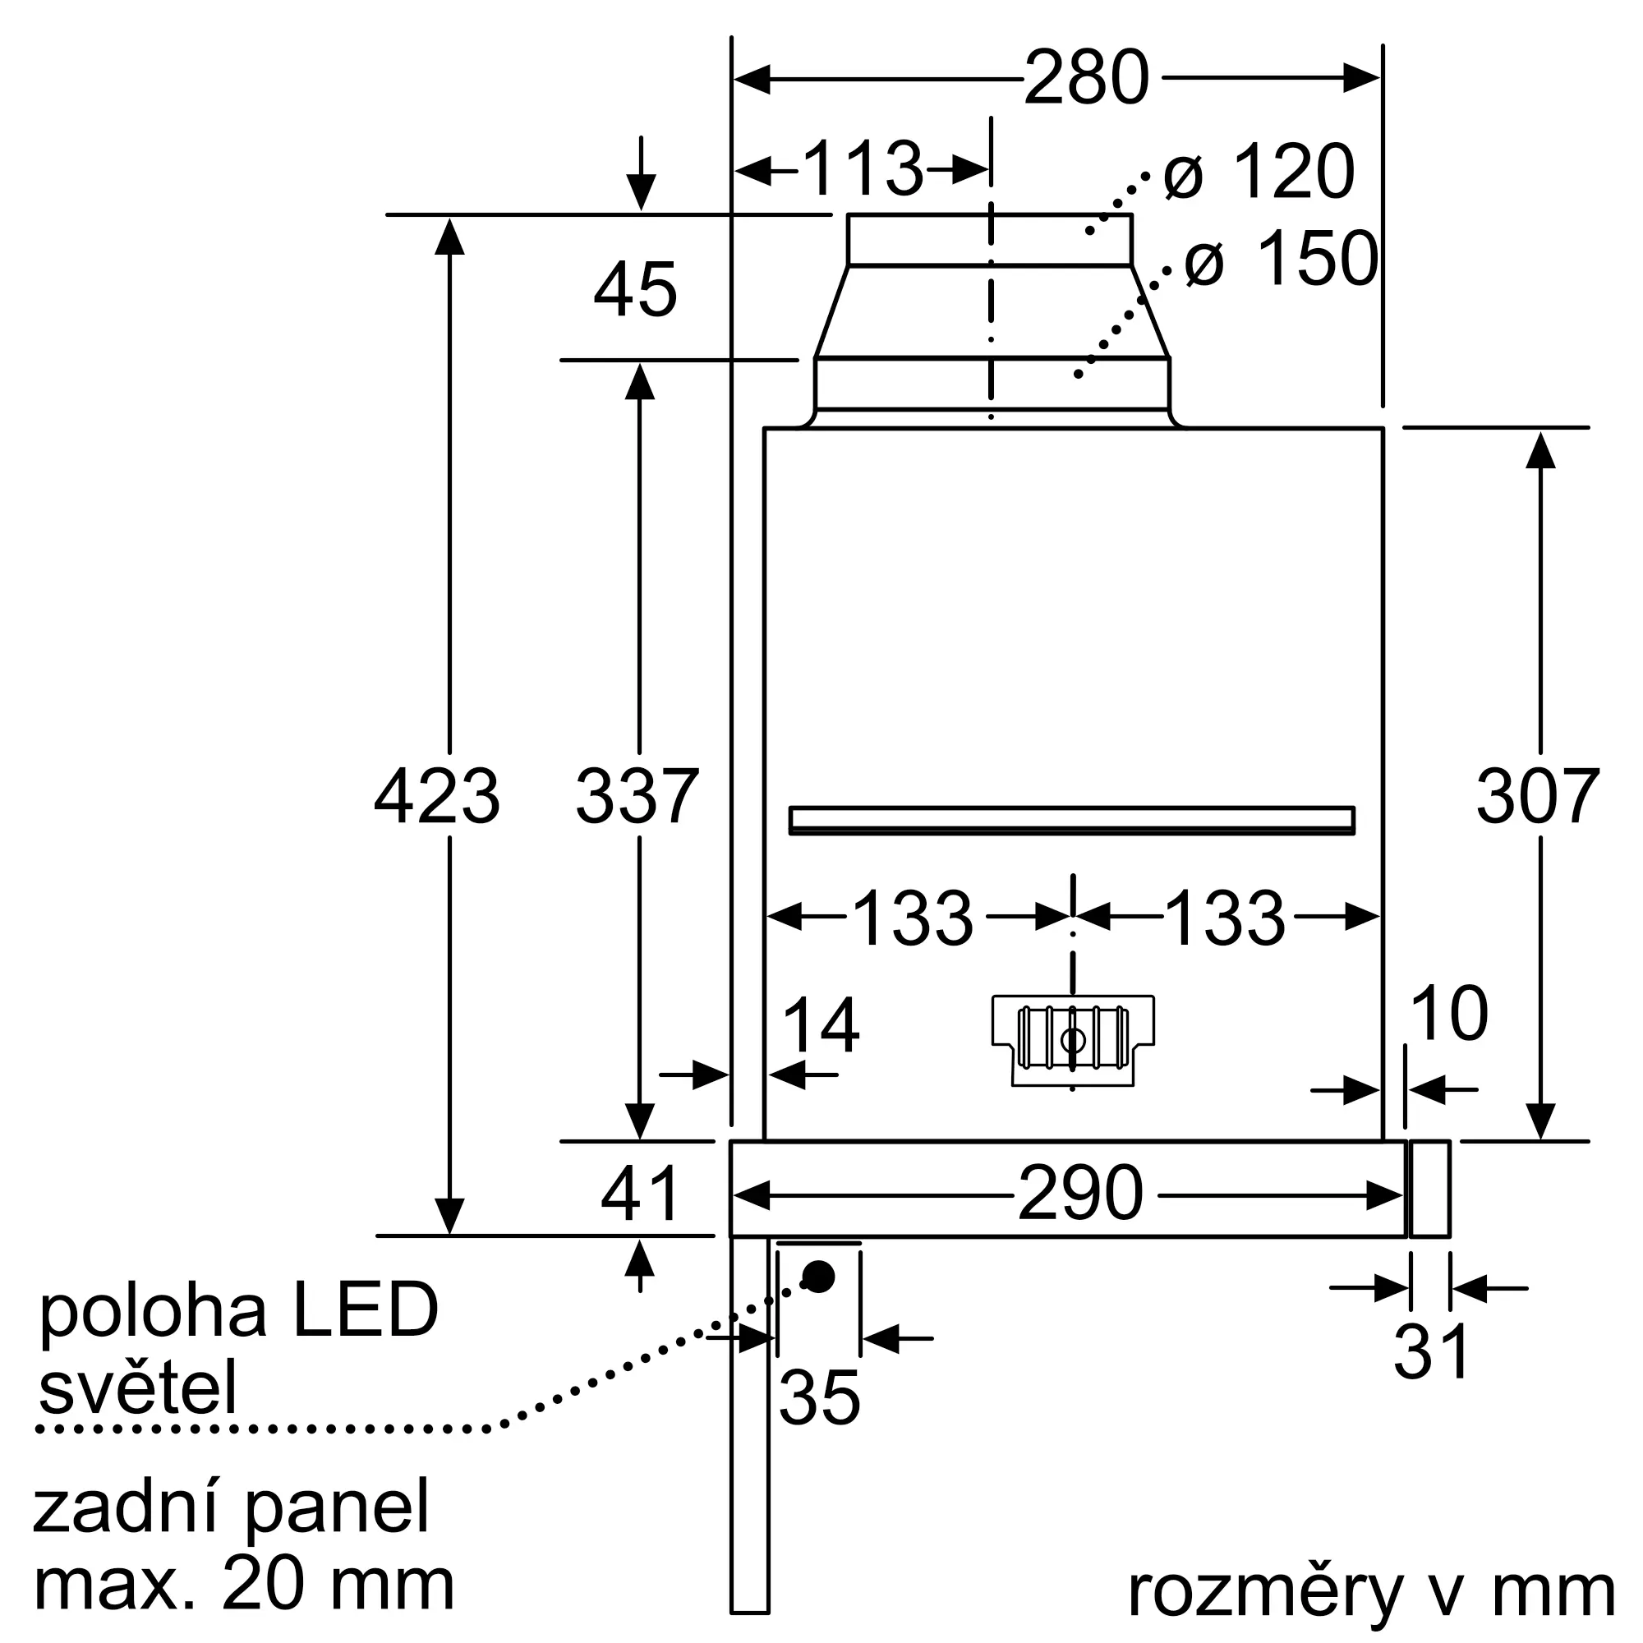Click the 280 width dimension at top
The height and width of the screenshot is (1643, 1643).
coord(1086,78)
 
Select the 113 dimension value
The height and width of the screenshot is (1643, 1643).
coord(863,169)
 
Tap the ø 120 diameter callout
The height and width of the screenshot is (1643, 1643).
coord(1259,172)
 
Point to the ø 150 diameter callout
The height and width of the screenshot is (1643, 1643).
coord(1281,259)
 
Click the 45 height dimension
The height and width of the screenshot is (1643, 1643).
coord(635,290)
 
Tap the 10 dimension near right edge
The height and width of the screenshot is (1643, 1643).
coord(1448,1014)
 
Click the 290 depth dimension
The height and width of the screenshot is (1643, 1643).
coord(1080,1194)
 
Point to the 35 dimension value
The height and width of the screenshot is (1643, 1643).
coord(819,1397)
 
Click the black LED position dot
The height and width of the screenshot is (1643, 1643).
coord(819,1276)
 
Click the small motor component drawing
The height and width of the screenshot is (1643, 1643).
coord(1072,1040)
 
